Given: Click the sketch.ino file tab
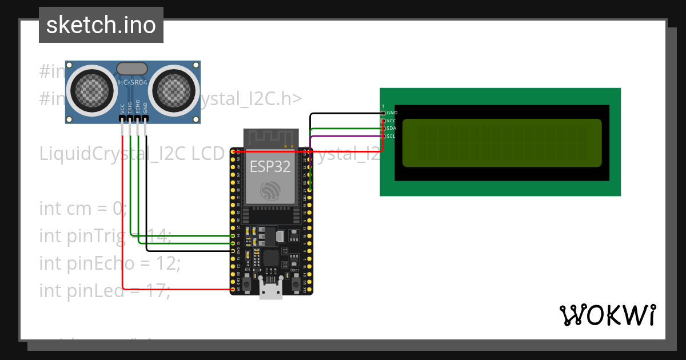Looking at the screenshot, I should coord(101,25).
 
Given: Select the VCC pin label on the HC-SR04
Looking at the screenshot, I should coord(122,108).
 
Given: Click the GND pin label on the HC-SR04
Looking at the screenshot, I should coord(145,108).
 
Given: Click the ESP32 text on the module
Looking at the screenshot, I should coord(270,166).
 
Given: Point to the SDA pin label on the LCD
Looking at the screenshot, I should coord(392,129).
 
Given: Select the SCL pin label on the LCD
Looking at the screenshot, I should coord(392,136).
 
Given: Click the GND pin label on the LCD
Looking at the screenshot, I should coord(392,113).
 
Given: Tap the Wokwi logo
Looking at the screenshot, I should coord(607,315).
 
